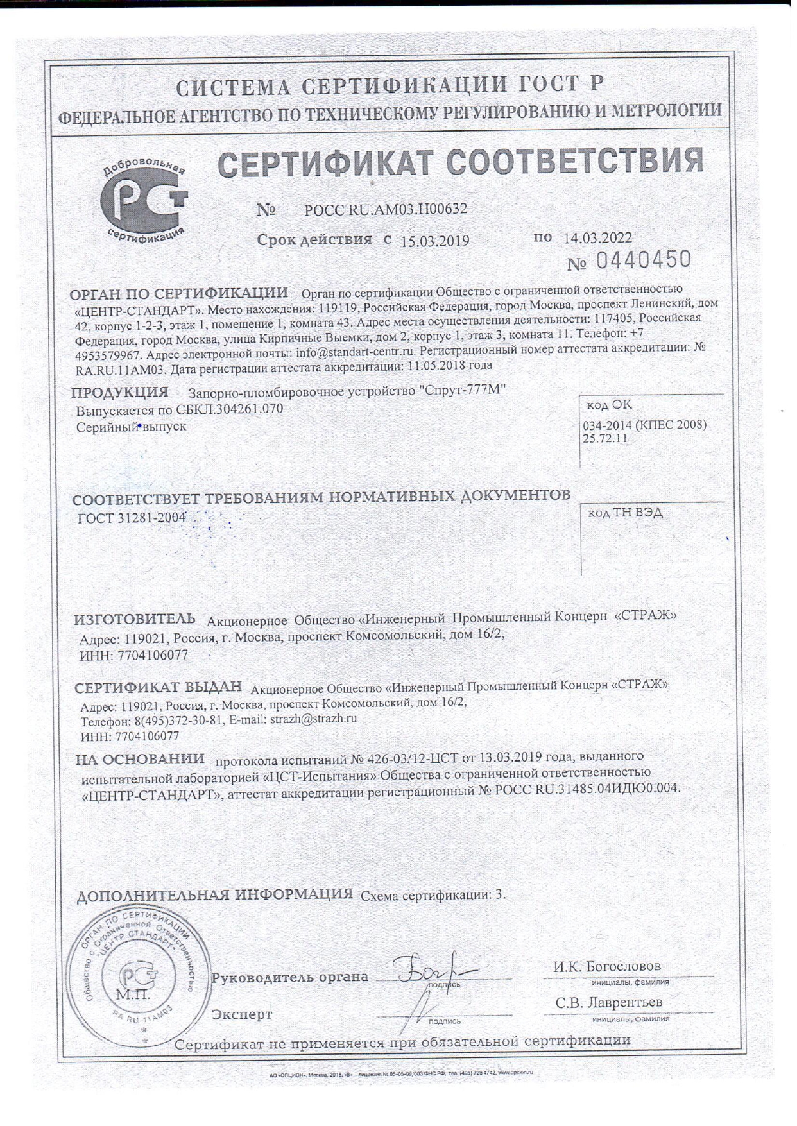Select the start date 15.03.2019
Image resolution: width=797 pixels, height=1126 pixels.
click(435, 241)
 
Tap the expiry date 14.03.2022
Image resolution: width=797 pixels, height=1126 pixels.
click(597, 238)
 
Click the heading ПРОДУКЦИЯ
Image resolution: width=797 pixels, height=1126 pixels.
click(120, 392)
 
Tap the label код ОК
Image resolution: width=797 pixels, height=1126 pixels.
click(609, 405)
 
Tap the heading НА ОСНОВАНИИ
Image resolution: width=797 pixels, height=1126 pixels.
click(140, 760)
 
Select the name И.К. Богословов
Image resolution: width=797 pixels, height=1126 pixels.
click(606, 966)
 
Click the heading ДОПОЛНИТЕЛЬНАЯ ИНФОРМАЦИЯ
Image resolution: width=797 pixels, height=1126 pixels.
click(214, 895)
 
